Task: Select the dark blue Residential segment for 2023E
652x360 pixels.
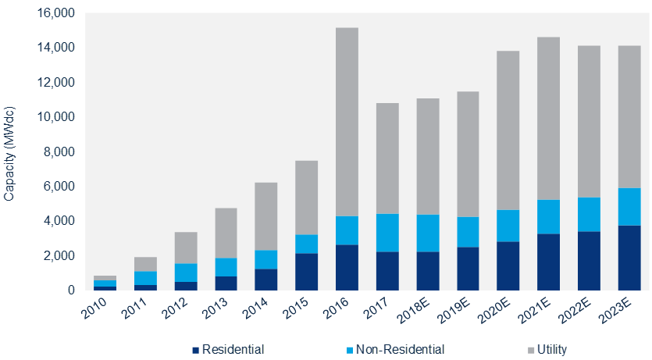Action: [x=629, y=258]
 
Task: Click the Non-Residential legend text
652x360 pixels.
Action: [x=400, y=349]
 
